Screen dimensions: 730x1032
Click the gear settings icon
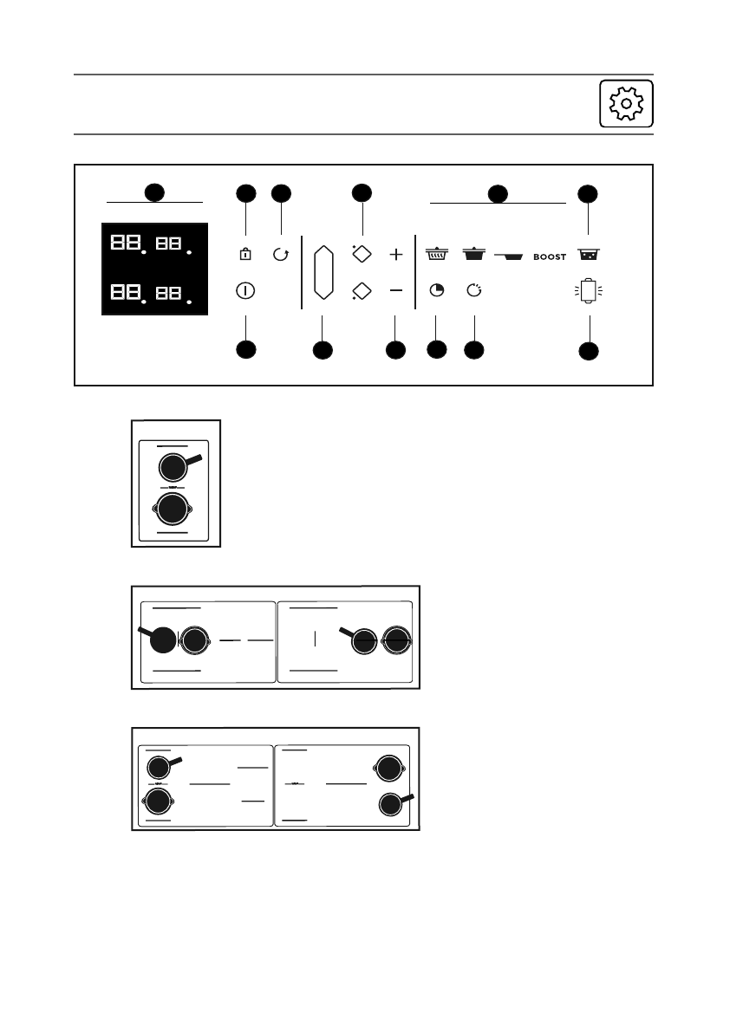pyautogui.click(x=626, y=104)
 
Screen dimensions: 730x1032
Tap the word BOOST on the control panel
pyautogui.click(x=550, y=257)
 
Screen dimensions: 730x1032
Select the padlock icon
pyautogui.click(x=245, y=256)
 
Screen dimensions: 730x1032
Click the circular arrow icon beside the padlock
pyautogui.click(x=280, y=256)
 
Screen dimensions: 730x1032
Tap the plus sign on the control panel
pyautogui.click(x=396, y=255)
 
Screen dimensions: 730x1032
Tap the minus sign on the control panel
pyautogui.click(x=396, y=291)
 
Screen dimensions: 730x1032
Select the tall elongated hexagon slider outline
pyautogui.click(x=323, y=272)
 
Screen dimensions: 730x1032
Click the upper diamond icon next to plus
pyautogui.click(x=362, y=254)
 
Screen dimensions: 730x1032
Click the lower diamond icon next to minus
pyautogui.click(x=362, y=291)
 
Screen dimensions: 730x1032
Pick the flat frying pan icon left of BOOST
pyautogui.click(x=511, y=256)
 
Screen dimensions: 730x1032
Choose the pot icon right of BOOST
pyautogui.click(x=590, y=255)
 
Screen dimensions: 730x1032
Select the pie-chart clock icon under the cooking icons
pyautogui.click(x=437, y=291)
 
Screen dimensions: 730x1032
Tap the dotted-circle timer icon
pyautogui.click(x=473, y=291)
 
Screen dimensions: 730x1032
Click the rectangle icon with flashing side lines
pyautogui.click(x=589, y=291)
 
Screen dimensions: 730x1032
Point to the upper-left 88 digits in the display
pyautogui.click(x=123, y=243)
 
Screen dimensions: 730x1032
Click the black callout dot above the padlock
pyautogui.click(x=246, y=193)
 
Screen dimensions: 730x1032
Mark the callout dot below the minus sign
pyautogui.click(x=395, y=350)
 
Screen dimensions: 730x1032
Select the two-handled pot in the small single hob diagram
pyautogui.click(x=173, y=509)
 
